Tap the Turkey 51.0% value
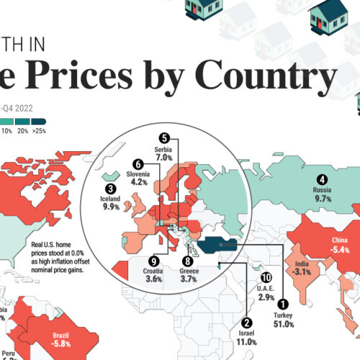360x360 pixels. [283, 325]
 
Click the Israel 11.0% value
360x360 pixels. [247, 344]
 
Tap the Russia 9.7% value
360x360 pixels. [323, 202]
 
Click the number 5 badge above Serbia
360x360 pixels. [164, 138]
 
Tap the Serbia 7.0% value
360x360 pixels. [165, 157]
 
